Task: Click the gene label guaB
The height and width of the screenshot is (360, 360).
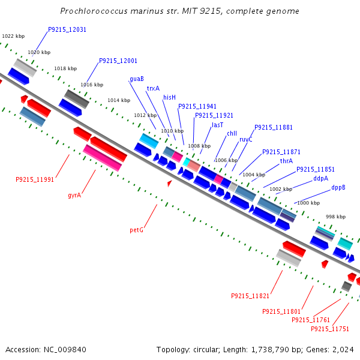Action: (x=136, y=79)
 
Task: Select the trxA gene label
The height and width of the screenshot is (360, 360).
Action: (x=153, y=88)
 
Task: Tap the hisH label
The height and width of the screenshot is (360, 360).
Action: (x=170, y=97)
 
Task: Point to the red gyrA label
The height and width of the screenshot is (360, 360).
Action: (x=74, y=195)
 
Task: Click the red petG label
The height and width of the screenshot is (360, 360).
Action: (x=137, y=230)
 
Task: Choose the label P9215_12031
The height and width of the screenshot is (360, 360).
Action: (x=67, y=29)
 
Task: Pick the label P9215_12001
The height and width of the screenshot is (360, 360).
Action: (x=118, y=61)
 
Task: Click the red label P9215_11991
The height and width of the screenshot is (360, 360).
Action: (x=35, y=179)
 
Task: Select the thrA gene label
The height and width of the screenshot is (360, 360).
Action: (x=286, y=161)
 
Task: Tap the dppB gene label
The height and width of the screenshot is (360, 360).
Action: (x=338, y=187)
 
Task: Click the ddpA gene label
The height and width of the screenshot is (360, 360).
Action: (x=320, y=178)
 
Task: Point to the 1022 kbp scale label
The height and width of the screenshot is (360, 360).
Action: (x=13, y=37)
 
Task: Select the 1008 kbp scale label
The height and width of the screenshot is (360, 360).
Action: (x=199, y=146)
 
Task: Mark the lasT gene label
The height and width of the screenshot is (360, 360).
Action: (x=217, y=125)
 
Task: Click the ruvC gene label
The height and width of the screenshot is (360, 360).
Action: (x=245, y=139)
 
